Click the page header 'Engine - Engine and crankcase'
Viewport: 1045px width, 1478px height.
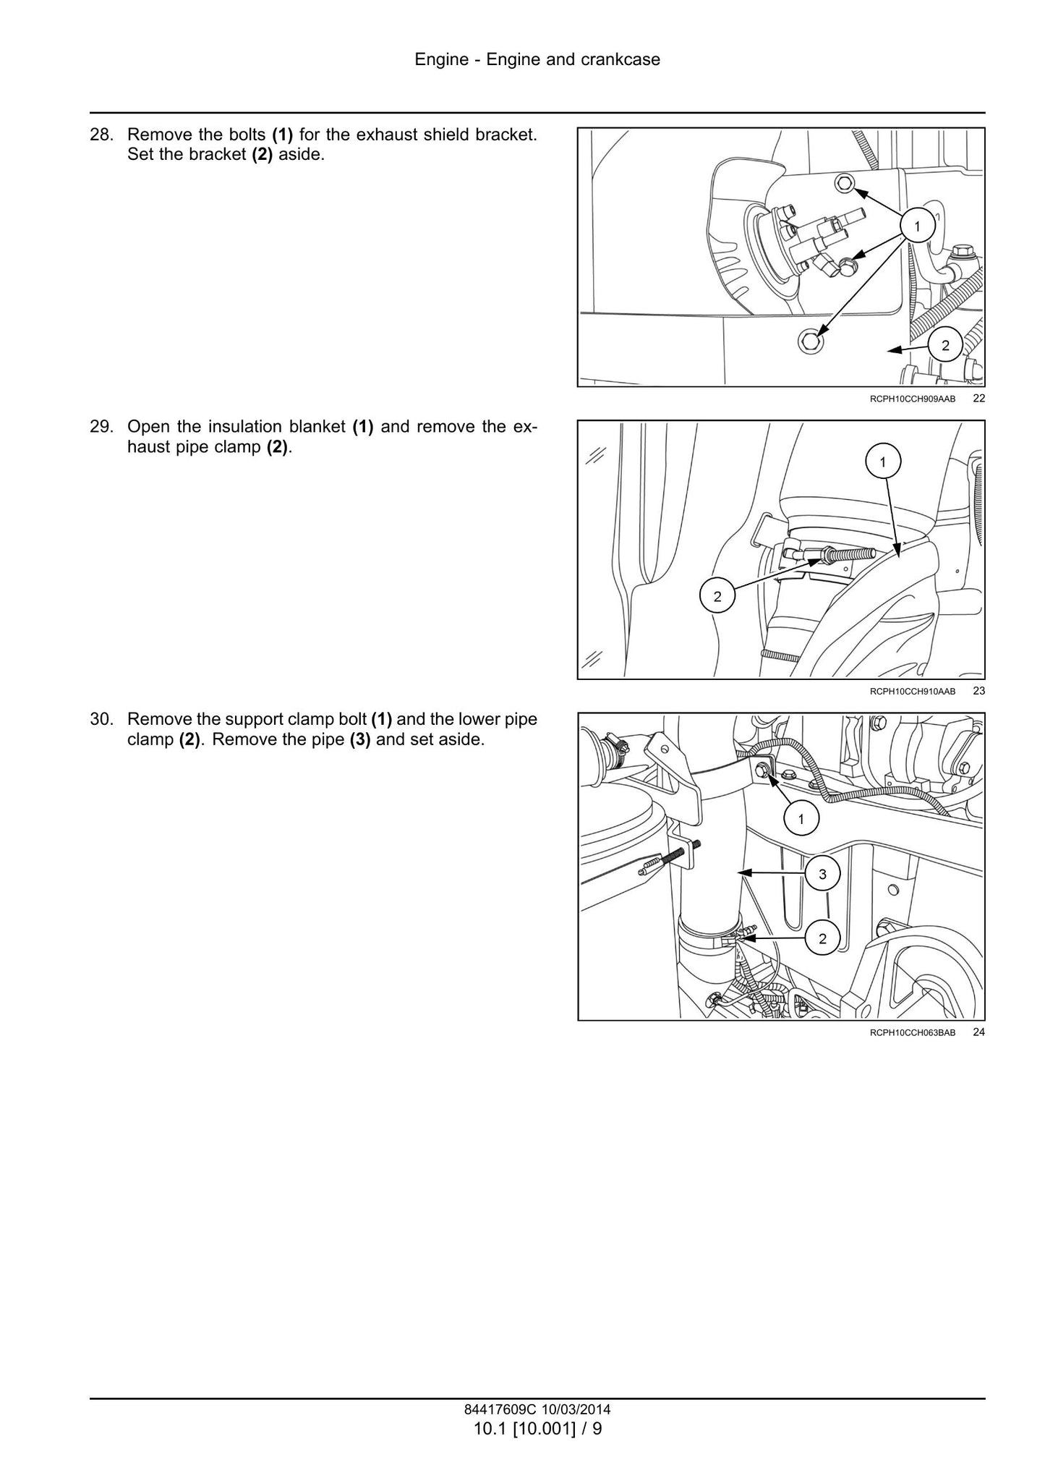537,59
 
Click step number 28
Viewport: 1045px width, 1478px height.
101,135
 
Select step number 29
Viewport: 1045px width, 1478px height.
101,427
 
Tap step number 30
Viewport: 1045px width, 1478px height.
101,720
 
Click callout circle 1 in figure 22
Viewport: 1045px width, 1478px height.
917,226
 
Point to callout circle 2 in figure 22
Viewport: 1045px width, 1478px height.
945,346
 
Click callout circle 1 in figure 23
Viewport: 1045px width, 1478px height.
883,461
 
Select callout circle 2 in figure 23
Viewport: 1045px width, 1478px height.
717,596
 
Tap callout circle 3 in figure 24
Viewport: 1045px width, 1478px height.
822,874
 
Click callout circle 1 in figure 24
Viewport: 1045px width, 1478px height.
801,819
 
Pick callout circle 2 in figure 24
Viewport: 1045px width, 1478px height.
822,939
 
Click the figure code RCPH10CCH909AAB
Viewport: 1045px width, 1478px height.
913,399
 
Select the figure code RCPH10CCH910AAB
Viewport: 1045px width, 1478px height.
913,692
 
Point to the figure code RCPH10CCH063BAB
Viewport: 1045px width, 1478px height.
913,1033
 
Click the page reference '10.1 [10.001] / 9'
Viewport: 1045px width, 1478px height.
537,1429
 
